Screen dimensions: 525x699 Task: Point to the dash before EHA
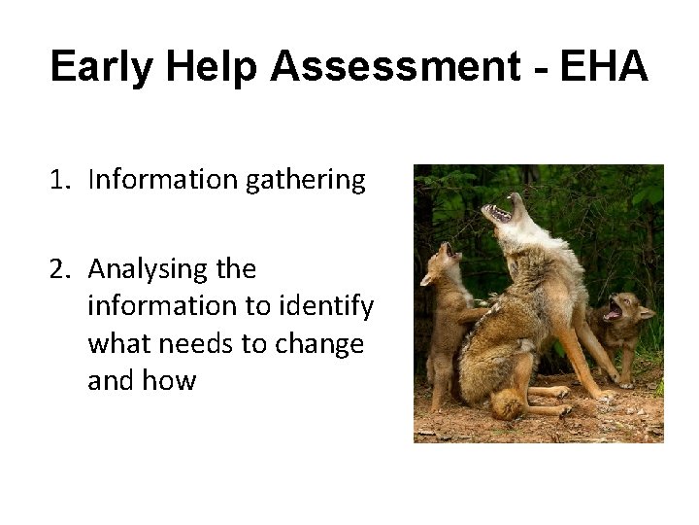pos(540,68)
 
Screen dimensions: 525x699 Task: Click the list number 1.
pos(60,180)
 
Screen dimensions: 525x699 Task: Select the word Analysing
pos(150,269)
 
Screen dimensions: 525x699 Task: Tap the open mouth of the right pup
pos(612,311)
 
